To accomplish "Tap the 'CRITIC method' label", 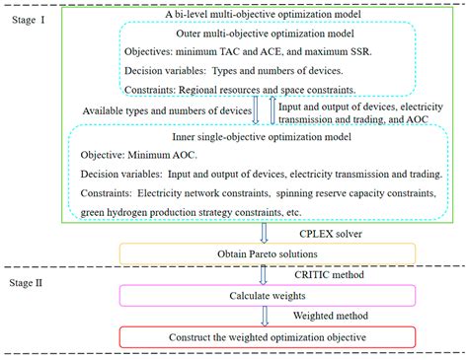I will point(319,276).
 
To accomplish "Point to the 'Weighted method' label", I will point(321,318).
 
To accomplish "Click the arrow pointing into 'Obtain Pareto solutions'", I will point(264,233).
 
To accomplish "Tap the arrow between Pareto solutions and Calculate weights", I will point(264,275).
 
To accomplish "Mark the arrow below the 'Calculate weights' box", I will point(264,318).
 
